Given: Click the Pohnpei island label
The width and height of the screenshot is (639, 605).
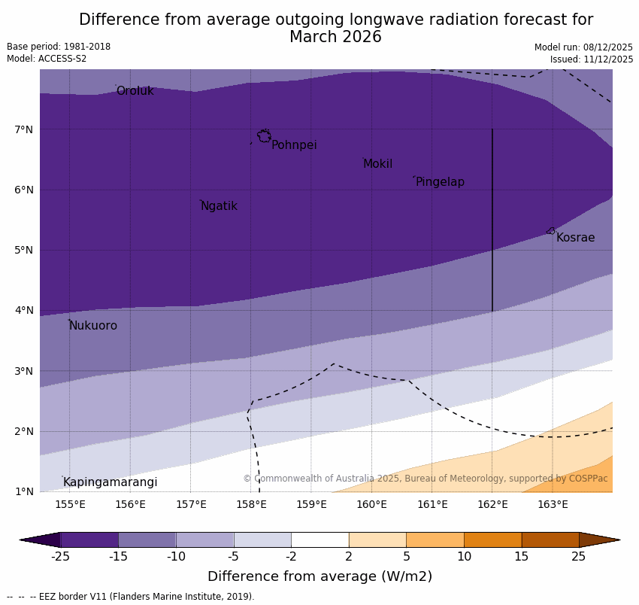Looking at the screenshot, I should click(x=294, y=145).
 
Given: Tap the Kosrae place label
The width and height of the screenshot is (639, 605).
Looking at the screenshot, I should click(x=575, y=238).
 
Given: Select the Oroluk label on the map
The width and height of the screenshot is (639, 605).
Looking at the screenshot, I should click(x=135, y=91).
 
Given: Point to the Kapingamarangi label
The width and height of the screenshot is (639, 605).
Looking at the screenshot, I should click(x=110, y=482).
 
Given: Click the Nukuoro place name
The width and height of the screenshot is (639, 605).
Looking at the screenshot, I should click(x=93, y=326).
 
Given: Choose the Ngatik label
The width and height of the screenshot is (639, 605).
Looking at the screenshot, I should click(x=219, y=206).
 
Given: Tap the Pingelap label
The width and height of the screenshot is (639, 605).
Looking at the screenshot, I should click(x=440, y=182).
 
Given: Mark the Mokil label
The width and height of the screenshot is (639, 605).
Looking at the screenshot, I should click(x=377, y=164).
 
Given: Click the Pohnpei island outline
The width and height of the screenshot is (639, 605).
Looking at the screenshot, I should click(x=264, y=136).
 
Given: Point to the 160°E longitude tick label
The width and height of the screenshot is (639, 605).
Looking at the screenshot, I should click(x=371, y=504).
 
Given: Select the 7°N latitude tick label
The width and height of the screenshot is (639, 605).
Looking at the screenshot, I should click(x=24, y=129).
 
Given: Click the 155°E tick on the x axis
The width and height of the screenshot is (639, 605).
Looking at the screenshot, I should click(x=70, y=504).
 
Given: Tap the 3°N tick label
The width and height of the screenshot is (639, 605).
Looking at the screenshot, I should click(x=24, y=371).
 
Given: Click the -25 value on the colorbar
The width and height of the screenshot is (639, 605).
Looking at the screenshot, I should click(x=60, y=557).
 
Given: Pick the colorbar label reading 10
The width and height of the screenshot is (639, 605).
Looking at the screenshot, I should click(x=464, y=557).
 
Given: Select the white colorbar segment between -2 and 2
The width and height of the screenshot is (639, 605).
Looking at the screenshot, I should click(x=319, y=540).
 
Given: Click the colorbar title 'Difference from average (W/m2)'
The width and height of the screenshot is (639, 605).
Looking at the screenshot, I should click(x=319, y=577).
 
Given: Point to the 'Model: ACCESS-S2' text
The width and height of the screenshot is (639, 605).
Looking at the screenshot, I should click(x=47, y=59).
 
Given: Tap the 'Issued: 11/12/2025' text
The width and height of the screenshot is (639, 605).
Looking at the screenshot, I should click(x=591, y=59).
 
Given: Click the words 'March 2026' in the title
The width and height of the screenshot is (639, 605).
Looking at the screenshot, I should click(x=335, y=37).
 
